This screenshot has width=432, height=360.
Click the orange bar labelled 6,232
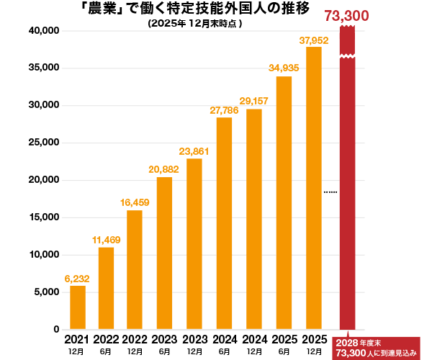pos(78,307)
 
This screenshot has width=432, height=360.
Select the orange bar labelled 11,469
pos(106,288)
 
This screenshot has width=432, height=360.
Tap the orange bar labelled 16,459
pos(135,270)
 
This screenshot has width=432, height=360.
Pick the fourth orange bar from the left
pos(164,253)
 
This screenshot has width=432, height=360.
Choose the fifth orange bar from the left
pos(194,244)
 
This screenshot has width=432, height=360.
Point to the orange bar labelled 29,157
pos(254,219)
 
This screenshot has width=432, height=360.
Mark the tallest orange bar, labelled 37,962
pos(314,188)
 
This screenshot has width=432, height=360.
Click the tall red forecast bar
pos(347,194)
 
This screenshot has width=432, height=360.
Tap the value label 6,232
pos(77,279)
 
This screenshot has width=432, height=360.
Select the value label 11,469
pos(107,240)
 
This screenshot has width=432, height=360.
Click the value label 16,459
pos(135,202)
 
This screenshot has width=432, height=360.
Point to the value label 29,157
pos(254,101)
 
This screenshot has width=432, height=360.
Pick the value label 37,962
pos(314,40)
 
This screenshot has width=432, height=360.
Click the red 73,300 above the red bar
pos(346,16)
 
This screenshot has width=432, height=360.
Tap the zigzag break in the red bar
pos(347,55)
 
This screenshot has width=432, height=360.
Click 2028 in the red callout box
pos(347,343)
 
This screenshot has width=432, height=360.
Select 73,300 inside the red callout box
pos(351,353)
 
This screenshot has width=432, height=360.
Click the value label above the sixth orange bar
pos(224,110)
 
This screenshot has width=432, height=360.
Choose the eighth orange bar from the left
pos(284,203)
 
